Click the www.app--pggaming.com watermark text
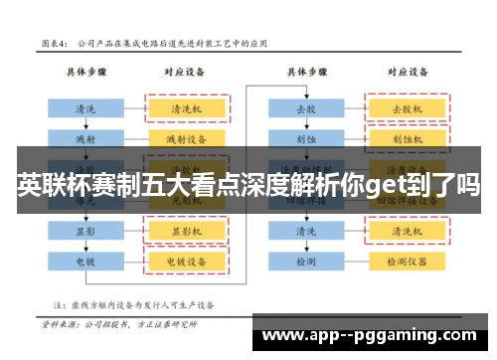(x=374, y=336)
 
